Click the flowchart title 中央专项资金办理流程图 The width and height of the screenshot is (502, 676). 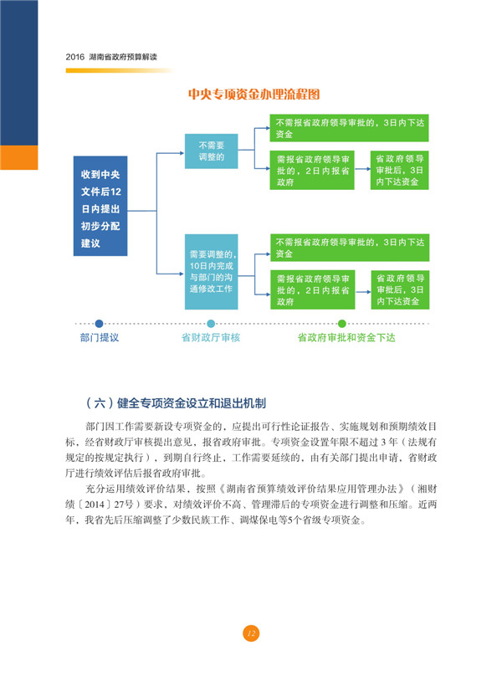click(x=254, y=94)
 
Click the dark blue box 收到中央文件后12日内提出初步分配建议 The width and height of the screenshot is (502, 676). click(x=100, y=206)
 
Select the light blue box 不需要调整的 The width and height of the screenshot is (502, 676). click(x=212, y=151)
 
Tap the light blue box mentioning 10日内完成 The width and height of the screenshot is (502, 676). click(x=212, y=272)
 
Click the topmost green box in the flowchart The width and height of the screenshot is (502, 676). click(x=350, y=128)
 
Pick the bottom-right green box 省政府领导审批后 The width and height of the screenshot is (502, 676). click(x=400, y=289)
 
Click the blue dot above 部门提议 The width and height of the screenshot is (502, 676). click(x=100, y=323)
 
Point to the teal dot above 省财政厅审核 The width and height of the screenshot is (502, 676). click(x=211, y=323)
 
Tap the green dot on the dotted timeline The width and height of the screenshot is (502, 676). click(x=342, y=323)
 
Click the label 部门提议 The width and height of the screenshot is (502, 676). click(x=100, y=337)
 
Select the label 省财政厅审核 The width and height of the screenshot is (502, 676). click(x=211, y=337)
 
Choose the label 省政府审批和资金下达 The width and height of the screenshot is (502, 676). click(x=346, y=337)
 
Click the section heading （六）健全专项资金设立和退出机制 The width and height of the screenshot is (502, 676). click(x=176, y=403)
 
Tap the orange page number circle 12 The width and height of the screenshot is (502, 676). click(x=251, y=633)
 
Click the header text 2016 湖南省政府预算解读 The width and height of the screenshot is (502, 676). click(x=111, y=57)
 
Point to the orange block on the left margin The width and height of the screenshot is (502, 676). click(x=19, y=157)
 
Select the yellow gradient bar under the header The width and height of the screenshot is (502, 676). click(x=120, y=71)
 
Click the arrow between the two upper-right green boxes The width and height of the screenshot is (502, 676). click(x=363, y=169)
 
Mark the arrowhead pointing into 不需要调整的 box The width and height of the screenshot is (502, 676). click(x=182, y=153)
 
